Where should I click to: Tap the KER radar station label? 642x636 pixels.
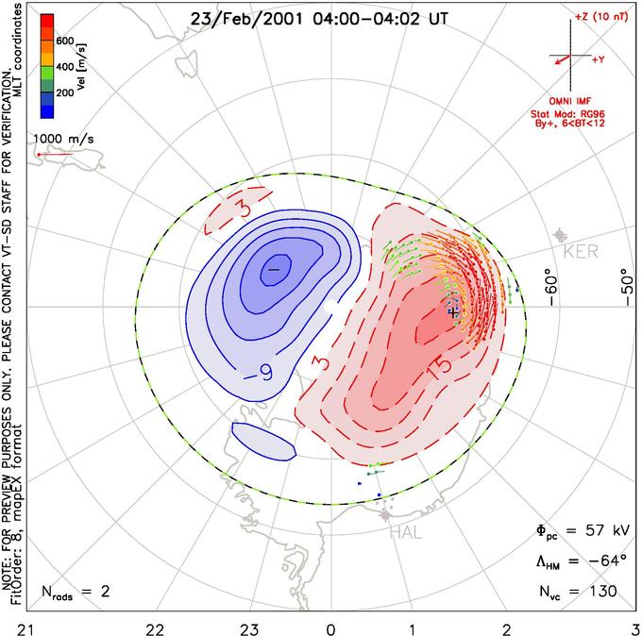(581, 253)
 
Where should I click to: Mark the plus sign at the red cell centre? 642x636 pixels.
(453, 310)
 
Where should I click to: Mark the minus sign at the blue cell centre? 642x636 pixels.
(274, 270)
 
